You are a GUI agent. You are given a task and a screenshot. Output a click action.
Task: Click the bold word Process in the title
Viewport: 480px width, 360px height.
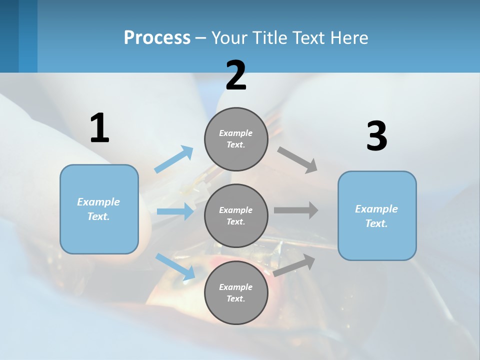click(x=157, y=38)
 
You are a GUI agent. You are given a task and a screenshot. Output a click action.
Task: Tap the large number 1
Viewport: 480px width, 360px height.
click(x=99, y=128)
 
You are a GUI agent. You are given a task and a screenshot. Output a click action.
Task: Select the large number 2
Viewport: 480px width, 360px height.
click(x=236, y=75)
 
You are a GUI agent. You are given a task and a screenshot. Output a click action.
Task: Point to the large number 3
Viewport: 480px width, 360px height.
click(x=376, y=136)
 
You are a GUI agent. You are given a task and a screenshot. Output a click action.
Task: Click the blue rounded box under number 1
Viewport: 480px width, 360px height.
click(x=99, y=209)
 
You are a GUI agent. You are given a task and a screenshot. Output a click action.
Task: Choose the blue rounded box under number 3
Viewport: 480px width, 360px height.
click(x=377, y=215)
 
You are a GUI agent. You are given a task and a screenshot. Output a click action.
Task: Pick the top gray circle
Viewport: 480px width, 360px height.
click(x=236, y=139)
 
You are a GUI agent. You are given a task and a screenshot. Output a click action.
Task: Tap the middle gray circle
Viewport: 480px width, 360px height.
click(x=236, y=215)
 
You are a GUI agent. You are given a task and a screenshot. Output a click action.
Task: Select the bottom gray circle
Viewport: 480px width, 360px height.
click(x=236, y=292)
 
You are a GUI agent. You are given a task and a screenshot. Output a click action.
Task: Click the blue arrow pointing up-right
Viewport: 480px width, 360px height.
click(x=173, y=159)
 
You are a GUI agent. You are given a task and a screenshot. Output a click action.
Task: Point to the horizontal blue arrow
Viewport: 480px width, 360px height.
click(x=175, y=211)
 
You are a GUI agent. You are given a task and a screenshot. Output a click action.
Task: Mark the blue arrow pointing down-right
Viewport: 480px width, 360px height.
click(x=175, y=266)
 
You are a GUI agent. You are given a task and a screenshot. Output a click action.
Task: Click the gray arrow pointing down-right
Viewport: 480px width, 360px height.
click(x=297, y=160)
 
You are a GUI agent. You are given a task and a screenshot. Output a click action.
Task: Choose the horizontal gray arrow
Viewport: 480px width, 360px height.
click(x=296, y=210)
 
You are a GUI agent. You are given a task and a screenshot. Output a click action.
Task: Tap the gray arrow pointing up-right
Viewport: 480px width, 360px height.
click(x=294, y=265)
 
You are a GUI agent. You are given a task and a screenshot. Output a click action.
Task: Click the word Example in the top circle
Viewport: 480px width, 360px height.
click(x=235, y=133)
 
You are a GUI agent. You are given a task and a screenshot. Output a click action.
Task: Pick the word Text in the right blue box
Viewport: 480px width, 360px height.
click(x=376, y=223)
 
